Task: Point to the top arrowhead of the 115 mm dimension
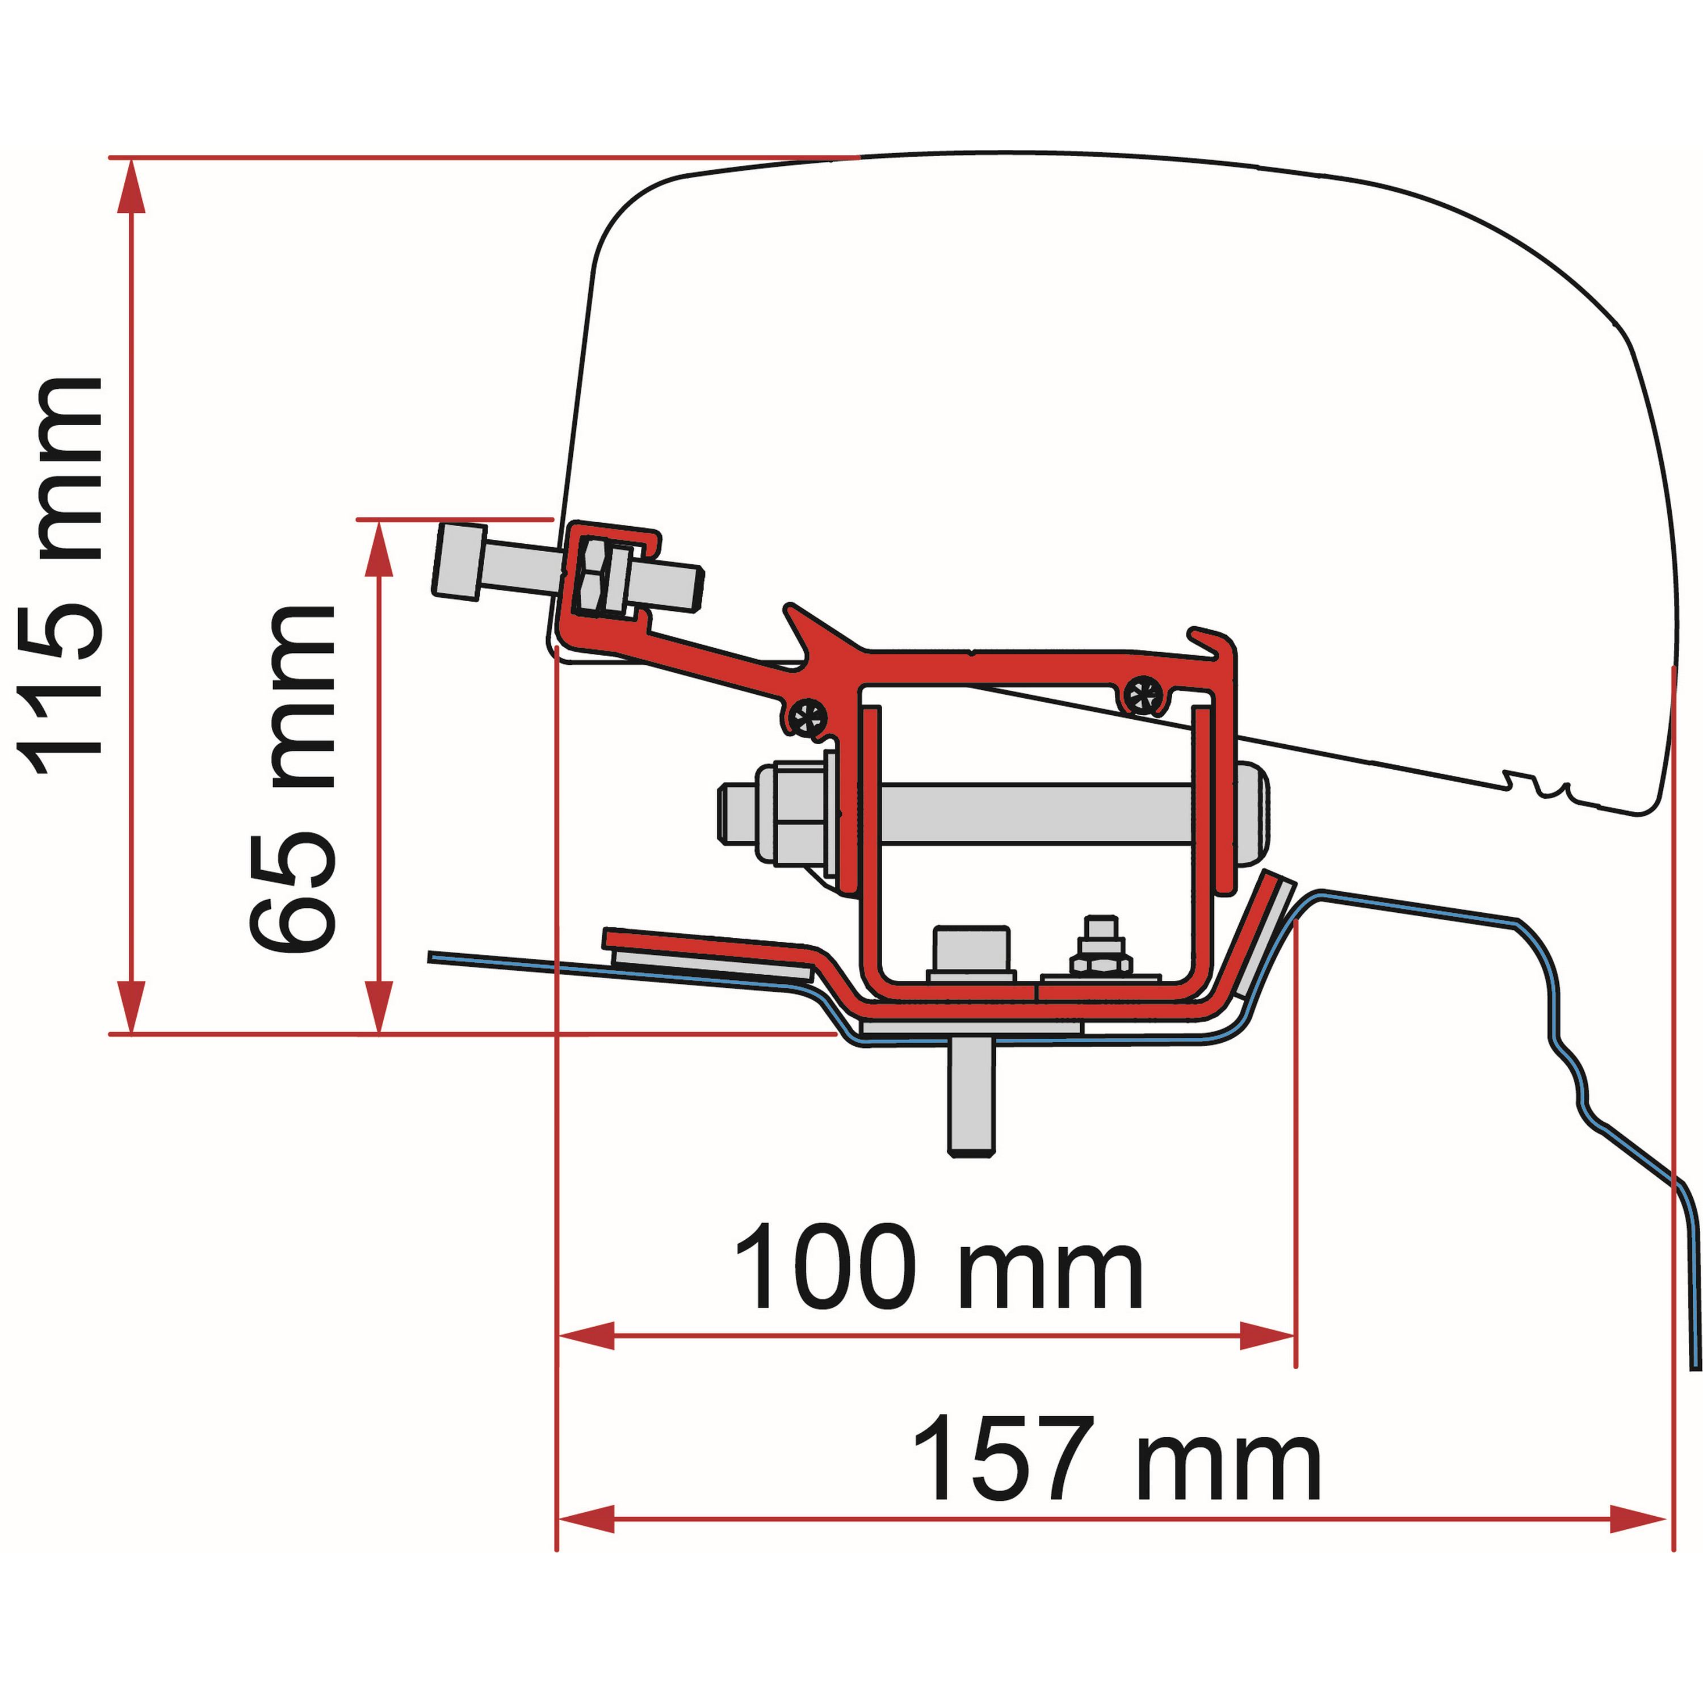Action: point(131,185)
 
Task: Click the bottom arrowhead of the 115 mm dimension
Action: point(131,1006)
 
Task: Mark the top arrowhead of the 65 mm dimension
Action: point(379,547)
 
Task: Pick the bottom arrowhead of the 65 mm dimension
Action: point(379,1006)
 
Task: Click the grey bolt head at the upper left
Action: point(458,561)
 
